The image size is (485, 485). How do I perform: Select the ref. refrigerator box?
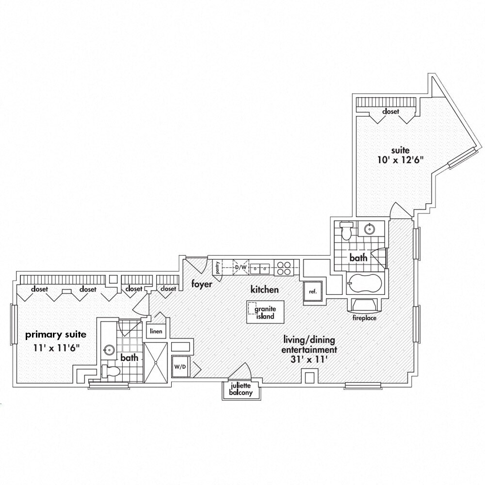(313, 291)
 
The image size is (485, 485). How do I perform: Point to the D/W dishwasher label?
(241, 267)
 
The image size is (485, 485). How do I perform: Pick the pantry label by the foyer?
(219, 268)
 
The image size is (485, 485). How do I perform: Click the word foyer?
(201, 284)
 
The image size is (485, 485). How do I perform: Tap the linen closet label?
(156, 332)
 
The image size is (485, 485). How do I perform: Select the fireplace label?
(365, 318)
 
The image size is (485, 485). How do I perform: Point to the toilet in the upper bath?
(346, 231)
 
